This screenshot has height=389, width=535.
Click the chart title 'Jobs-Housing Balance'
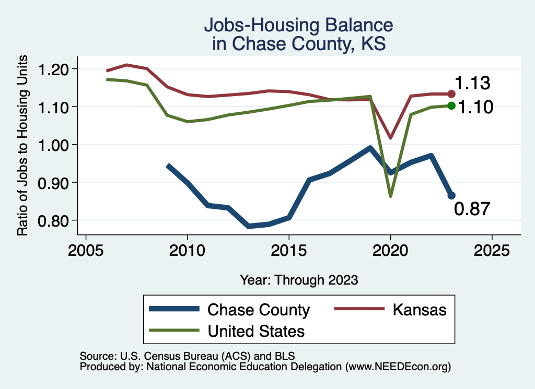(x=298, y=25)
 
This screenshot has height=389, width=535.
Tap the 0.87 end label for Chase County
(x=472, y=209)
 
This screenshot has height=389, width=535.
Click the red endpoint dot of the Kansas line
(x=452, y=94)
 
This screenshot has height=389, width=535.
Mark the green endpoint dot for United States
(x=452, y=106)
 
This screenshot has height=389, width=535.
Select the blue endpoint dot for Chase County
(x=452, y=195)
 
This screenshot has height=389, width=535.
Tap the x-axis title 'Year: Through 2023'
(x=299, y=280)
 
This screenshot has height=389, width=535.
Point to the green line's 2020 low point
(x=390, y=196)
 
